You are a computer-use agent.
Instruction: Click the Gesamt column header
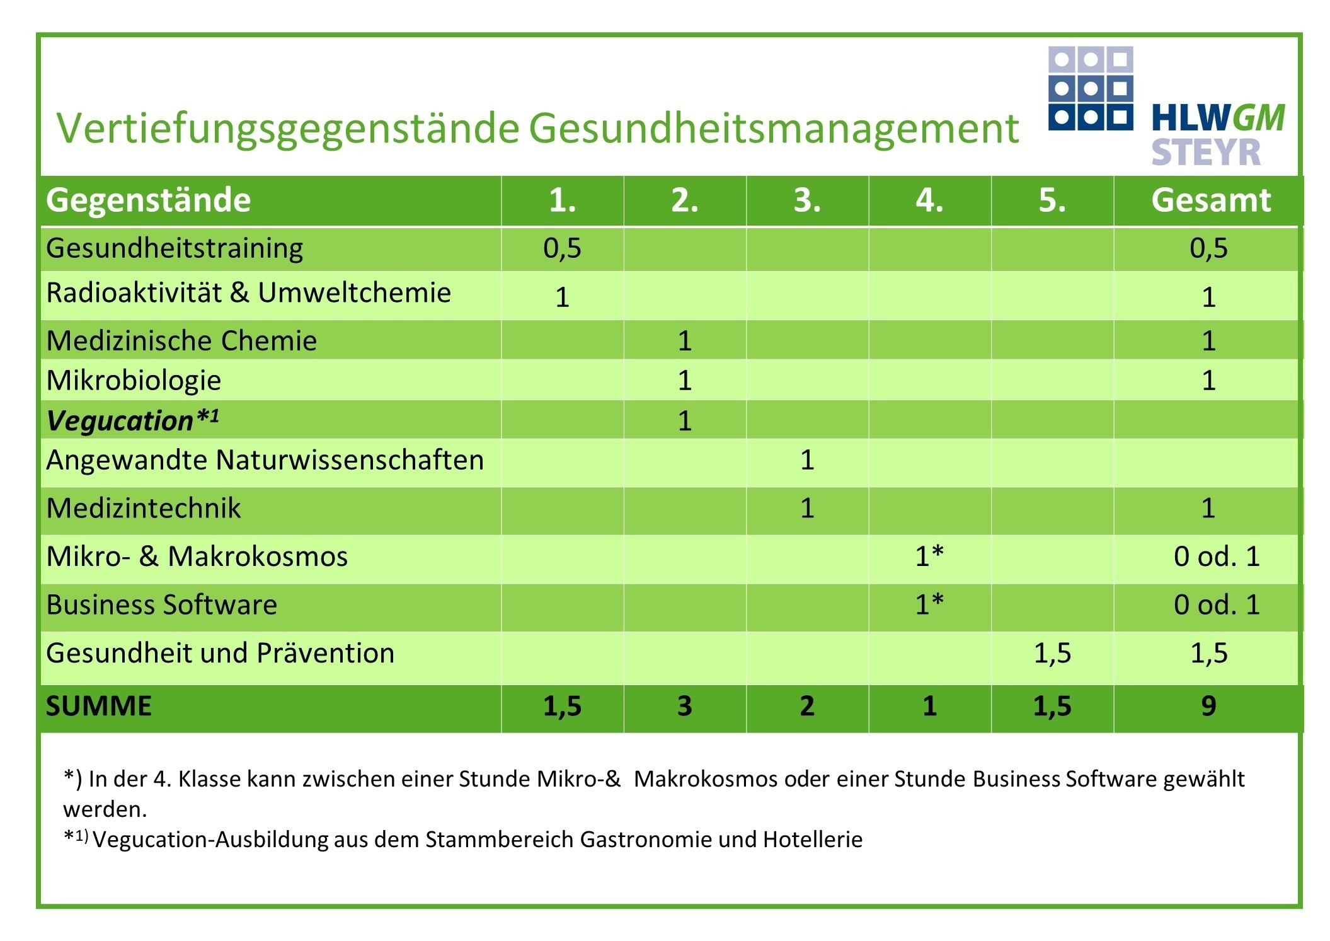coord(1210,200)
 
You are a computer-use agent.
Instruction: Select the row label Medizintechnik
coord(144,508)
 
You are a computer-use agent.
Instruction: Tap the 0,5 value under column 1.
coord(562,248)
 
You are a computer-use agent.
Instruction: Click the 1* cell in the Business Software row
coord(929,604)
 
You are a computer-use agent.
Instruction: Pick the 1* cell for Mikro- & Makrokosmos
coord(929,556)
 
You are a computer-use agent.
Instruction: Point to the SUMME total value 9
coord(1208,706)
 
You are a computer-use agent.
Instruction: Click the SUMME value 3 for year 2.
coord(685,706)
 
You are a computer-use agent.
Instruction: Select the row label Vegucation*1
coord(133,420)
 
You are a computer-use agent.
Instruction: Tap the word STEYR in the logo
coord(1206,153)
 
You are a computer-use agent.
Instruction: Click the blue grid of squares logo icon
coord(1091,88)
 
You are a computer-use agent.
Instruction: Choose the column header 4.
coord(929,200)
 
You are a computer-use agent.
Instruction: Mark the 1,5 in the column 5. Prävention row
coord(1052,653)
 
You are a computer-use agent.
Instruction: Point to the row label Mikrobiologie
coord(134,381)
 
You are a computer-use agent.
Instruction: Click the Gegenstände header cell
coord(149,200)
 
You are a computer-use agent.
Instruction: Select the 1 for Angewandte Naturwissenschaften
coord(807,460)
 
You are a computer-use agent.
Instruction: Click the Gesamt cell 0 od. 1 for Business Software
coord(1217,604)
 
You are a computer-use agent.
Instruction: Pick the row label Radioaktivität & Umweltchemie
coord(249,293)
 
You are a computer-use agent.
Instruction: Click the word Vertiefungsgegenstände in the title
coord(288,129)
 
